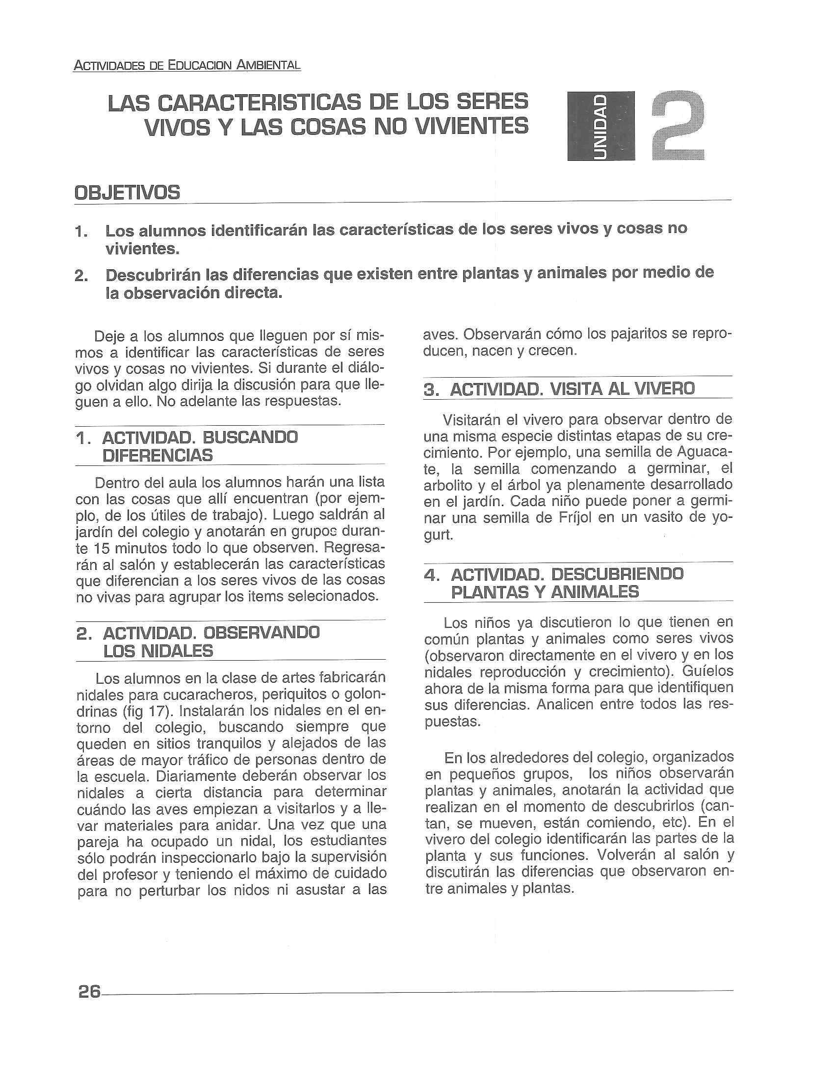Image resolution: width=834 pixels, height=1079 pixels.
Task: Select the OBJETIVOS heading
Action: [127, 192]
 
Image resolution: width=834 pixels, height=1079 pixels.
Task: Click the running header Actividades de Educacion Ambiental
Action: [187, 65]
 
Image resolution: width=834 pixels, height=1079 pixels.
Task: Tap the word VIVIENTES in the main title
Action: [471, 127]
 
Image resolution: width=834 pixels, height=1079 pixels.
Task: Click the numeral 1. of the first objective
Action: [82, 231]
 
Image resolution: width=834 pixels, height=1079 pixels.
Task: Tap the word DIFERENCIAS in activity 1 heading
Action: [157, 455]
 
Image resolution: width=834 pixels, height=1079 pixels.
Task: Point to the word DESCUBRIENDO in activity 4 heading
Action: [617, 574]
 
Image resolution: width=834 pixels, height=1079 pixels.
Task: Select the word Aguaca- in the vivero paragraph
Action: [704, 452]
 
